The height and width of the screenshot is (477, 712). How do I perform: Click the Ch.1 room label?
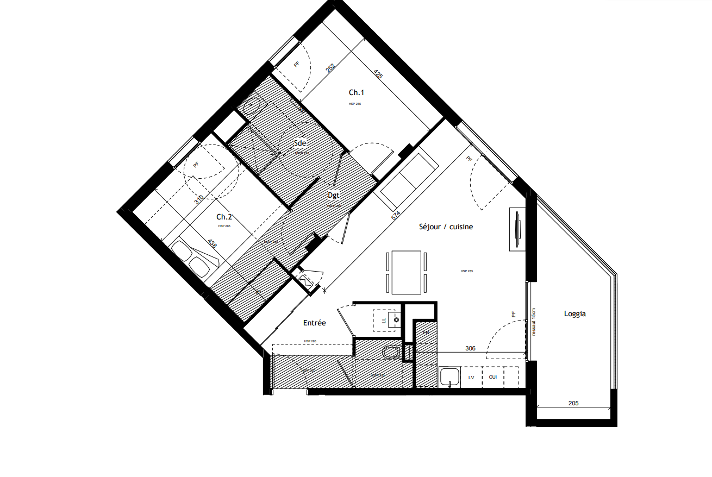(357, 92)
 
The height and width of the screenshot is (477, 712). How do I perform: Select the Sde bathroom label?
(300, 143)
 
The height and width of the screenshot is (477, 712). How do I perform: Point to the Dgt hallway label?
(334, 195)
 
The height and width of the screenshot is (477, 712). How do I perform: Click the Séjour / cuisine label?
(446, 227)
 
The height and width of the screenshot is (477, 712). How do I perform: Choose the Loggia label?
(575, 313)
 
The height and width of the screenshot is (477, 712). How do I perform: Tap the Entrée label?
(314, 323)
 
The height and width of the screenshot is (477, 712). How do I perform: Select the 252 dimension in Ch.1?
(330, 67)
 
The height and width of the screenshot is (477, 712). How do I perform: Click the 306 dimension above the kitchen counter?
(471, 349)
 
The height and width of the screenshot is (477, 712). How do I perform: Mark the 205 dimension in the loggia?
(573, 403)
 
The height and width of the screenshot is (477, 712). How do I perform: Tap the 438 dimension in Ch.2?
(212, 244)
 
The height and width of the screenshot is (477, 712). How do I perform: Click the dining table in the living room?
(407, 272)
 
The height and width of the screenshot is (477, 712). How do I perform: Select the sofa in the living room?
(407, 180)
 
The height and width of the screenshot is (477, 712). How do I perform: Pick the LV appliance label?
(471, 377)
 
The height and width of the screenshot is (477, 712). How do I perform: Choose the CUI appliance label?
(493, 377)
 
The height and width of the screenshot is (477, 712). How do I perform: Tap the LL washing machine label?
(384, 321)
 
